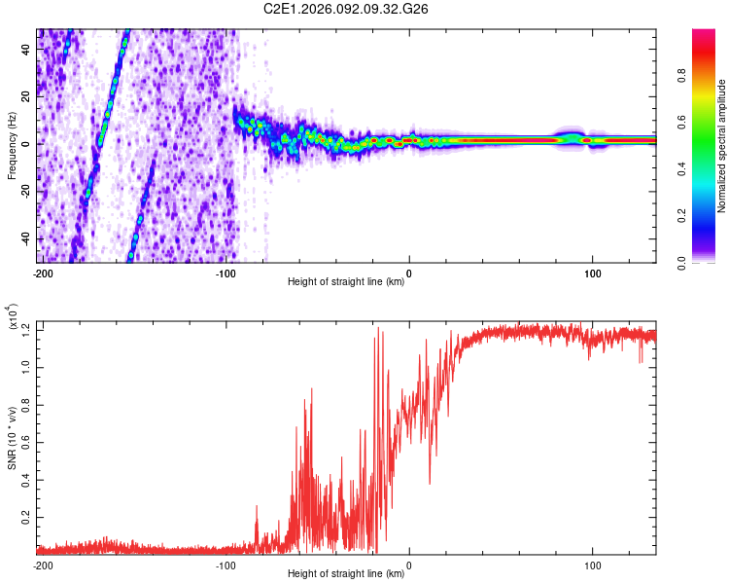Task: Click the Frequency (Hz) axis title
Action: (x=12, y=146)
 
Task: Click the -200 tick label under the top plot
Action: (x=43, y=274)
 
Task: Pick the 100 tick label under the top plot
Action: (x=591, y=274)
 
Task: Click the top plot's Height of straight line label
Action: (x=346, y=282)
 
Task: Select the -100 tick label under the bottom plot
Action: (x=226, y=566)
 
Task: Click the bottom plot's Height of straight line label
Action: (x=346, y=574)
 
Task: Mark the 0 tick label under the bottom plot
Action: (x=408, y=566)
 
